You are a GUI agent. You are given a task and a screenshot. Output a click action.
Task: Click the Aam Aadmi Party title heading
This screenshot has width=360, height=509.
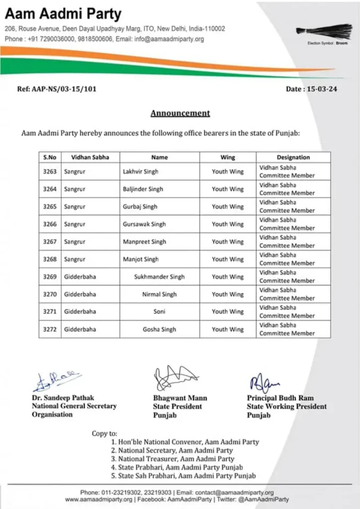tap(63, 13)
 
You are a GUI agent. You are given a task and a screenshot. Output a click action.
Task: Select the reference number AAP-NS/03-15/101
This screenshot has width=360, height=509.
tap(57, 89)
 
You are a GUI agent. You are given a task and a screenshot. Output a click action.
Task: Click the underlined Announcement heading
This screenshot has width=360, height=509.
tap(180, 113)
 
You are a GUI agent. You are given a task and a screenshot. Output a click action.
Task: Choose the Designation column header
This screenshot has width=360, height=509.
tap(293, 157)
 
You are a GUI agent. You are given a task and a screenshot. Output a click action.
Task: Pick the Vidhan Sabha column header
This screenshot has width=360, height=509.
tap(90, 157)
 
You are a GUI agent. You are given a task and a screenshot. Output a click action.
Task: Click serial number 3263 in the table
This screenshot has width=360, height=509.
tap(50, 171)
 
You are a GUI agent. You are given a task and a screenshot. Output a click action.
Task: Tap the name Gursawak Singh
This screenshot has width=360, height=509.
tap(144, 224)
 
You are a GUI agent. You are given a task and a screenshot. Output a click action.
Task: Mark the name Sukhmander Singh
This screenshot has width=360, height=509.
tap(159, 277)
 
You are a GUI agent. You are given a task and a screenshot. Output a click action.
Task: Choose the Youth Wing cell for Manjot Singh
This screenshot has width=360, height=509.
tap(228, 259)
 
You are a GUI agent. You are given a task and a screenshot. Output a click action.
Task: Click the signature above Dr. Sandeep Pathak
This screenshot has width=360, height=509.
tap(56, 381)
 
